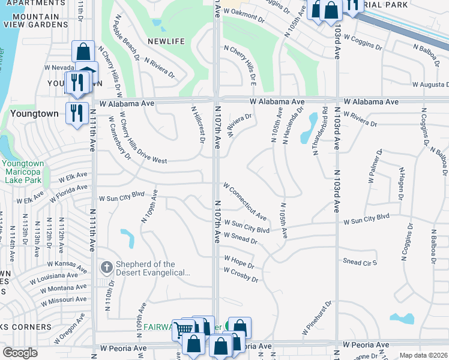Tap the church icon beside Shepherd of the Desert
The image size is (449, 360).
[x=106, y=268]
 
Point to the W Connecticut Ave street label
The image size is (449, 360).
[x=245, y=201]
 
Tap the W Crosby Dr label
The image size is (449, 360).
[x=241, y=275]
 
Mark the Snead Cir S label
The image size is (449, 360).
[x=360, y=262]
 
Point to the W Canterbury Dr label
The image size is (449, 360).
[x=119, y=135]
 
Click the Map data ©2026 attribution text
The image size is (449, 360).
[x=423, y=355]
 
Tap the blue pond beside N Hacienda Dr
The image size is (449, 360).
[x=311, y=125]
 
